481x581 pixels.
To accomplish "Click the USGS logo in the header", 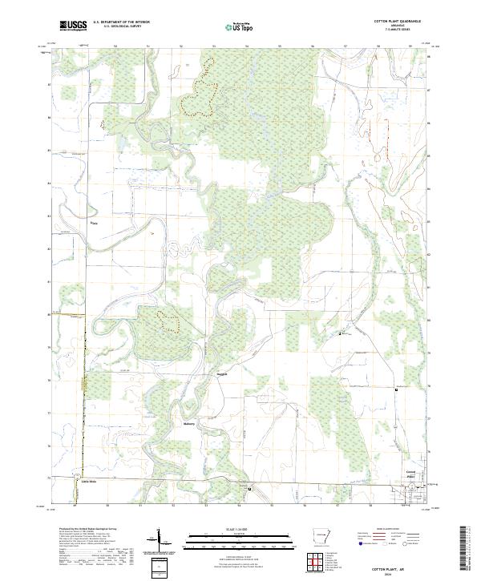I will point(72,26).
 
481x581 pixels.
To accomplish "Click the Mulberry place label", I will point(189,423).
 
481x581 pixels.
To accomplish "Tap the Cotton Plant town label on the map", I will point(410,474).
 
